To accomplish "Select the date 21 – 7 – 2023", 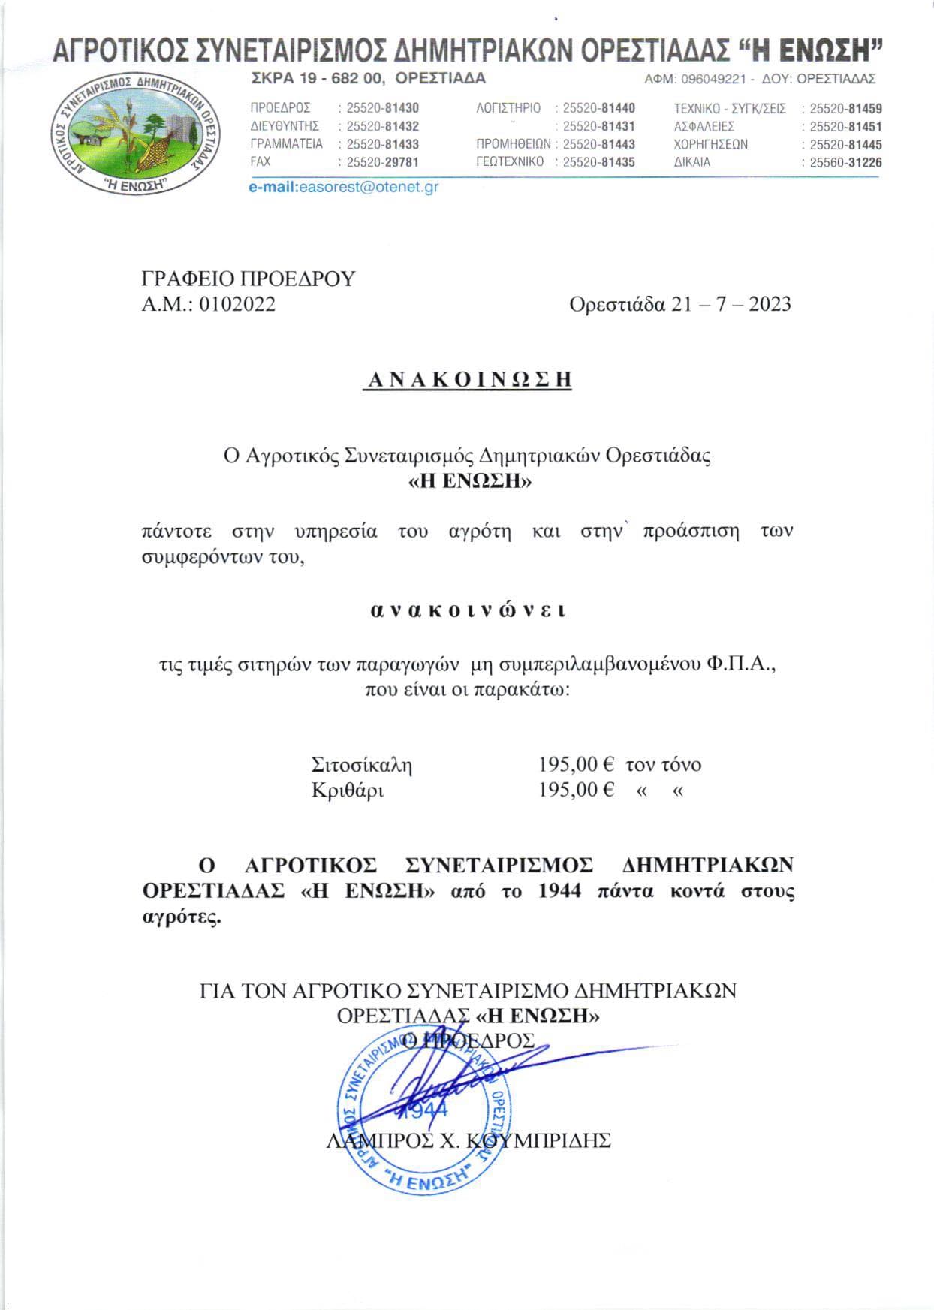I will pyautogui.click(x=728, y=304).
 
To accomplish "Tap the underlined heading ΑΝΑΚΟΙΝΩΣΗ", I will pyautogui.click(x=467, y=380).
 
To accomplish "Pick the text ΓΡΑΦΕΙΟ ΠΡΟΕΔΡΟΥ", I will pyautogui.click(x=249, y=279).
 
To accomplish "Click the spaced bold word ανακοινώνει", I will pyautogui.click(x=467, y=610).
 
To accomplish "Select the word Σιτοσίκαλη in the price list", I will pyautogui.click(x=362, y=765).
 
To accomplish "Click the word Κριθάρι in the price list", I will pyautogui.click(x=348, y=791).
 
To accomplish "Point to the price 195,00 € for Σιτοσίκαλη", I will pyautogui.click(x=576, y=765).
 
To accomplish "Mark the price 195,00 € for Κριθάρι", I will pyautogui.click(x=576, y=791).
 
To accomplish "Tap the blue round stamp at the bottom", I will pyautogui.click(x=425, y=1110).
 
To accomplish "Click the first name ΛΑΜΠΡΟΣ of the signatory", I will pyautogui.click(x=375, y=1141).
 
